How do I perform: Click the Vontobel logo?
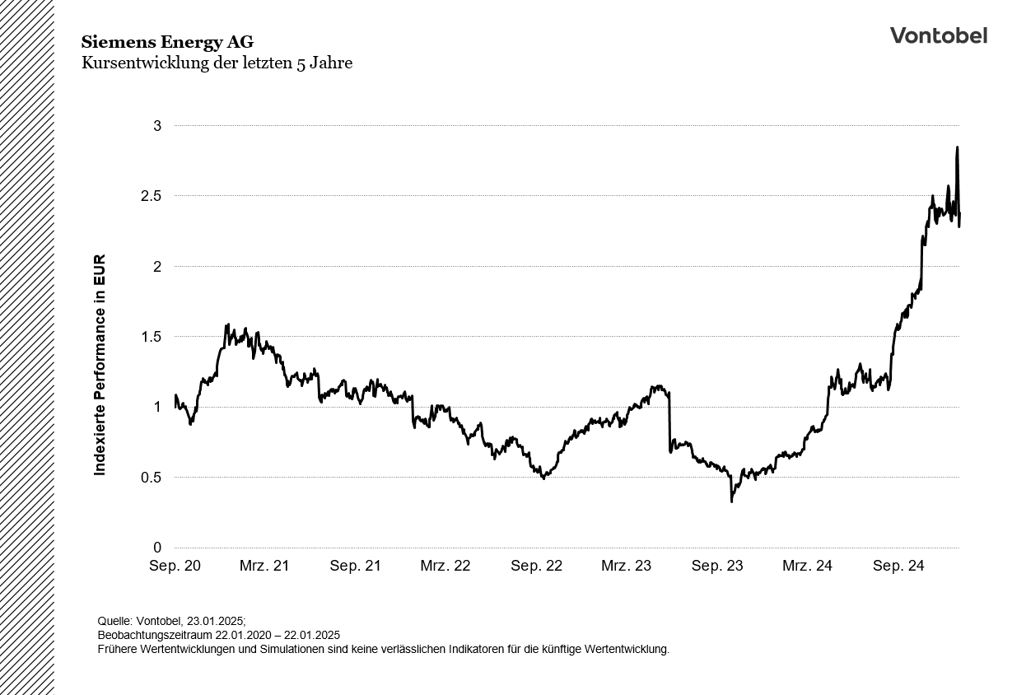[938, 35]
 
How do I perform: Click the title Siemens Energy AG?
[167, 42]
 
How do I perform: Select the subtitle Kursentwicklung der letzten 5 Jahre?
[217, 63]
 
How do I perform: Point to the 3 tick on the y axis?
[157, 126]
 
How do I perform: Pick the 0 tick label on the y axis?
[157, 548]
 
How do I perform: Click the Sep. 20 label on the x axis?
[175, 567]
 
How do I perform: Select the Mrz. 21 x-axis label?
[264, 567]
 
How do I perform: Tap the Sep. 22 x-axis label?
[536, 567]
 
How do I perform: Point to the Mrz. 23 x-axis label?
[627, 567]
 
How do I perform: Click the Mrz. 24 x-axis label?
[807, 567]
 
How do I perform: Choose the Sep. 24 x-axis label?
[898, 567]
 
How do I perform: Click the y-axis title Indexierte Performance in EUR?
[100, 365]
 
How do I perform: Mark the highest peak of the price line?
[957, 148]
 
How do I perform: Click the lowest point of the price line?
[731, 501]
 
